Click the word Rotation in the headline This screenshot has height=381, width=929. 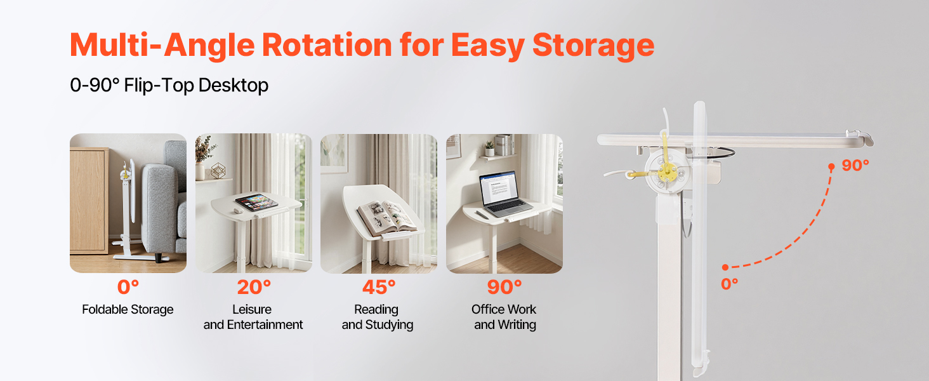(x=327, y=44)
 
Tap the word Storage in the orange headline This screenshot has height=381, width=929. (x=593, y=46)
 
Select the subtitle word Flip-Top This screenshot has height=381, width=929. (x=159, y=86)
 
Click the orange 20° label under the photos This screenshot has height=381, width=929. (x=254, y=287)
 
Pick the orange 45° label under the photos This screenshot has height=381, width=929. (x=379, y=287)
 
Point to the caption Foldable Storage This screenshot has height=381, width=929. (x=128, y=310)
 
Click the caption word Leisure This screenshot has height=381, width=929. (x=252, y=310)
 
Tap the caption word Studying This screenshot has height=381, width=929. (x=389, y=325)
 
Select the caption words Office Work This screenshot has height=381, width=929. (x=504, y=310)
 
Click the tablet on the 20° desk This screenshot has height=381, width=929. (x=256, y=202)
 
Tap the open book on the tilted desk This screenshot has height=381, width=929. (x=386, y=217)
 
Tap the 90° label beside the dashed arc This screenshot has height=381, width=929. (x=855, y=166)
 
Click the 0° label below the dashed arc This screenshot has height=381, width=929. (x=730, y=284)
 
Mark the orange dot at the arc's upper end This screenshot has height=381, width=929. (x=831, y=167)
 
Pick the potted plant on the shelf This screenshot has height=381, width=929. (x=490, y=147)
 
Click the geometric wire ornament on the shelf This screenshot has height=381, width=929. (x=218, y=170)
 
